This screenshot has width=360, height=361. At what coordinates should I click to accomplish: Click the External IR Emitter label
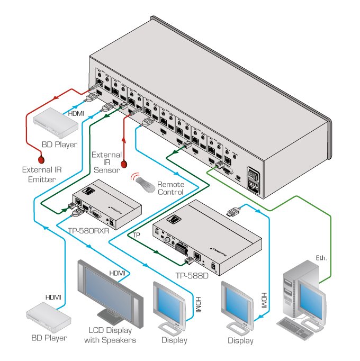(39, 175)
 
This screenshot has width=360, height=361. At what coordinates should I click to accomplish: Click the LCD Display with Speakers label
(110, 336)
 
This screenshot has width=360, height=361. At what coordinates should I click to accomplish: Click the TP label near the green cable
(137, 234)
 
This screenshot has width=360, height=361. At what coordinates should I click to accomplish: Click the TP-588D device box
(206, 236)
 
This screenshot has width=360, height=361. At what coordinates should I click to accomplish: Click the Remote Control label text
(170, 188)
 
